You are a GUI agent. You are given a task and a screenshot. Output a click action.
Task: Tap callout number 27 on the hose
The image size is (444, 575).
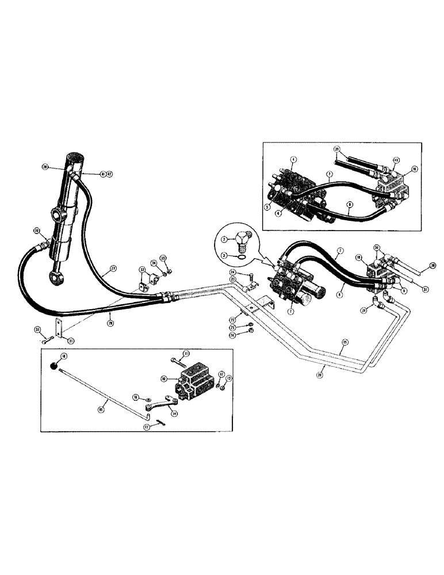coord(113,267)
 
